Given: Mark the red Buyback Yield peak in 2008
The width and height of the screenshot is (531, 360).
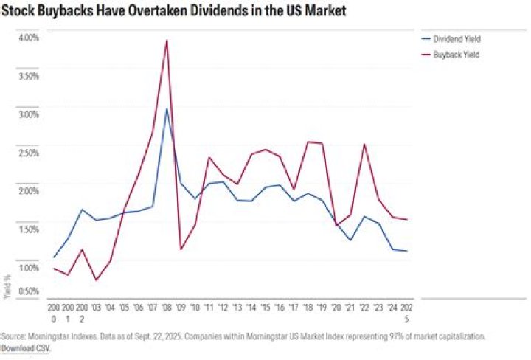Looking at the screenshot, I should click(167, 41).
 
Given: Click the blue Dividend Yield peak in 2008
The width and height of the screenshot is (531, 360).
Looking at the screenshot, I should click(167, 109).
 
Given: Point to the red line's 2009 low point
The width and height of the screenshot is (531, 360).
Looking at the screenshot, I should click(181, 249).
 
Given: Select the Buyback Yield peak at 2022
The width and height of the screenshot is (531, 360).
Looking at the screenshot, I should click(364, 144).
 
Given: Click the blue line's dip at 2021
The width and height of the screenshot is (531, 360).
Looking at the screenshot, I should click(350, 240).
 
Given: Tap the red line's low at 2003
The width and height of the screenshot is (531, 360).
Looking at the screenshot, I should click(96, 280).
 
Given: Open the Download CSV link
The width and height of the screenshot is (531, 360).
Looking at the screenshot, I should click(25, 347).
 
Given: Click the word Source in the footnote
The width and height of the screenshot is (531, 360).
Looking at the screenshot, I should click(12, 336).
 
